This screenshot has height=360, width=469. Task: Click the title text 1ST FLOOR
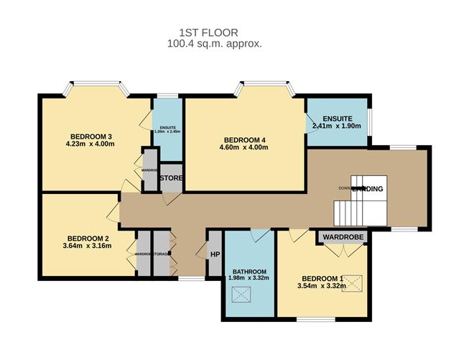point(210,32)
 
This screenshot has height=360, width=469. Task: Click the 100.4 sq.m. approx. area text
point(210,43)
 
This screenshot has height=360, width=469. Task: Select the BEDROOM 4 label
point(245,139)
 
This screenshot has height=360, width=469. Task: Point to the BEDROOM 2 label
point(88,239)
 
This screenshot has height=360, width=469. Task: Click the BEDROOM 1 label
point(322,279)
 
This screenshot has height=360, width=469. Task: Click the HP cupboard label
point(215,254)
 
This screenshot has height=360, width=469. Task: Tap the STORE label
point(171,177)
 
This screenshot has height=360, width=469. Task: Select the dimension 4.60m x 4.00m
point(245,148)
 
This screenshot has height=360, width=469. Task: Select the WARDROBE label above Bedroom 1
point(343,236)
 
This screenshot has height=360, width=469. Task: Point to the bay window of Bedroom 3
point(98,88)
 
